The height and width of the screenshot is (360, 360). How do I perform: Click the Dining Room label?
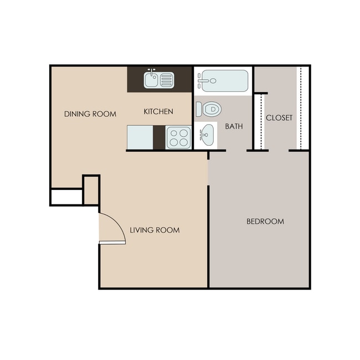click(x=90, y=114)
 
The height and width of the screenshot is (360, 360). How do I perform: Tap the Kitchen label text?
click(x=158, y=111)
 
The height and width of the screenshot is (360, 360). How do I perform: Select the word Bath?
click(x=234, y=126)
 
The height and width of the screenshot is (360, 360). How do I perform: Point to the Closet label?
click(x=279, y=118)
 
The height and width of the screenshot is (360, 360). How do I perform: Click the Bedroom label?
click(x=265, y=222)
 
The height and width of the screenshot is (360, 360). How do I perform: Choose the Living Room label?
click(x=155, y=230)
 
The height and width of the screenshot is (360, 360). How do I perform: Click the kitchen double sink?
click(x=159, y=80)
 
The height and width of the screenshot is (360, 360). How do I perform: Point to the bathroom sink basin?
click(x=207, y=133)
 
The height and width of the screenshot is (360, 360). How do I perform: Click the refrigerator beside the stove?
click(x=140, y=137)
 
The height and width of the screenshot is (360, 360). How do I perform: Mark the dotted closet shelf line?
click(x=300, y=108)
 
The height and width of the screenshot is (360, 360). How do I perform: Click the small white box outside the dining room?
click(x=66, y=197)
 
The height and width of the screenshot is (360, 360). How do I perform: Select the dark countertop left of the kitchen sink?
click(x=135, y=80)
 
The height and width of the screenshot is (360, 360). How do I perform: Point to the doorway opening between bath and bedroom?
click(x=236, y=151)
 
